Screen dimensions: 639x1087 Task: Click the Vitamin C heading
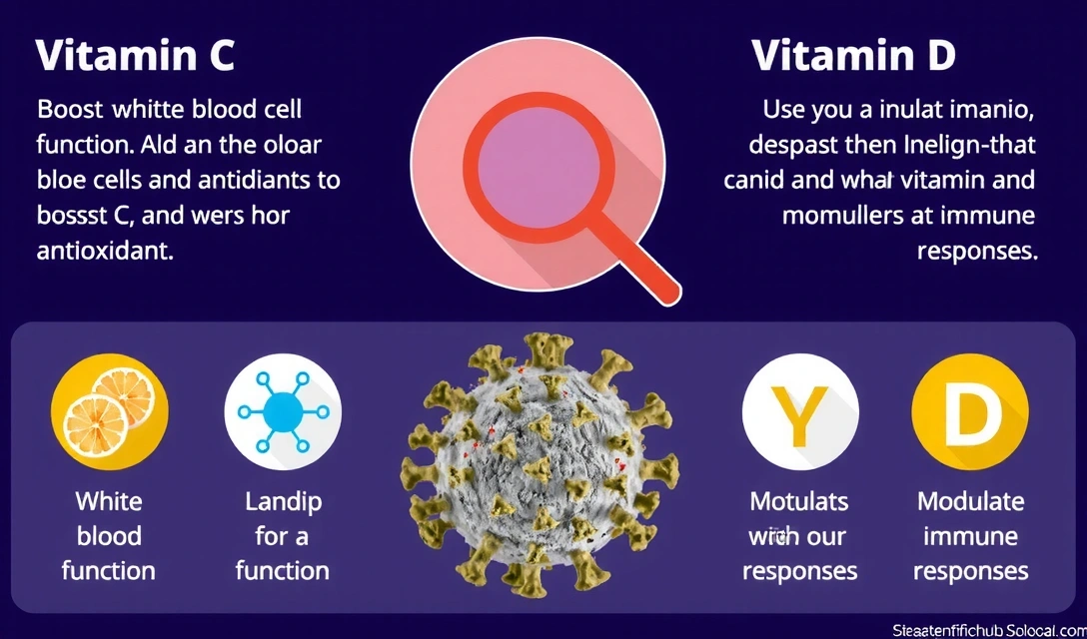coord(135,56)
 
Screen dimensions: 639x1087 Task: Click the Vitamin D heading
coord(853,56)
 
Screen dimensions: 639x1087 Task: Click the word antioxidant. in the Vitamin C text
coord(105,252)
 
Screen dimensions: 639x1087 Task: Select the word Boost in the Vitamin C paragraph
coord(69,109)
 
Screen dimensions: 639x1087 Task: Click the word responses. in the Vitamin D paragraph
coord(976,251)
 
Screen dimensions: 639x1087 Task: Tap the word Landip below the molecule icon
coord(283,501)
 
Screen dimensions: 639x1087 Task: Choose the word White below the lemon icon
coord(109,501)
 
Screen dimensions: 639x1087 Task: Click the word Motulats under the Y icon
coord(799,501)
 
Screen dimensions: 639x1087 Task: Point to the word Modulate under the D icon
coord(970,501)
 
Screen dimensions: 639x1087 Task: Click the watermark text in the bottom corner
coord(988,628)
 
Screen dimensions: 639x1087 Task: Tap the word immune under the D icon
coord(970,536)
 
